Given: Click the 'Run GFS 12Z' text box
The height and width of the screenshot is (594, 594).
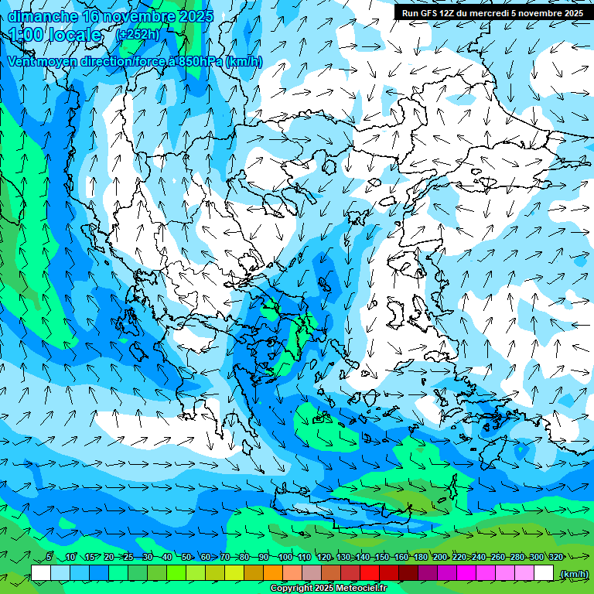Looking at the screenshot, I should (x=493, y=13).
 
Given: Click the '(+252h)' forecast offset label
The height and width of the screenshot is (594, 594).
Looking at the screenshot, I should (x=136, y=34).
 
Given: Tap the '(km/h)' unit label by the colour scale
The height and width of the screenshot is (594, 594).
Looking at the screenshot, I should (x=573, y=574).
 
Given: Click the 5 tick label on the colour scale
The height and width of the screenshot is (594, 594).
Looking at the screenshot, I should (x=49, y=558).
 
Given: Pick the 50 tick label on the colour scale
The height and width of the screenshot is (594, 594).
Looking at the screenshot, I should (x=186, y=558).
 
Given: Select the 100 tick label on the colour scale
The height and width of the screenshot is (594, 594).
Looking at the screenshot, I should (x=285, y=558).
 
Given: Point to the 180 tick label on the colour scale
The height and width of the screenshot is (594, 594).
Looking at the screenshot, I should (x=420, y=558).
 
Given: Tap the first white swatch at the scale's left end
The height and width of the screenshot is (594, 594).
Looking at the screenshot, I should (x=40, y=572).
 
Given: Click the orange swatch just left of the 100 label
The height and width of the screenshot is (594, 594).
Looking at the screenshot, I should (x=274, y=572).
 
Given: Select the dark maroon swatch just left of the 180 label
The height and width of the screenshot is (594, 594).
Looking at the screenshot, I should (x=410, y=572).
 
